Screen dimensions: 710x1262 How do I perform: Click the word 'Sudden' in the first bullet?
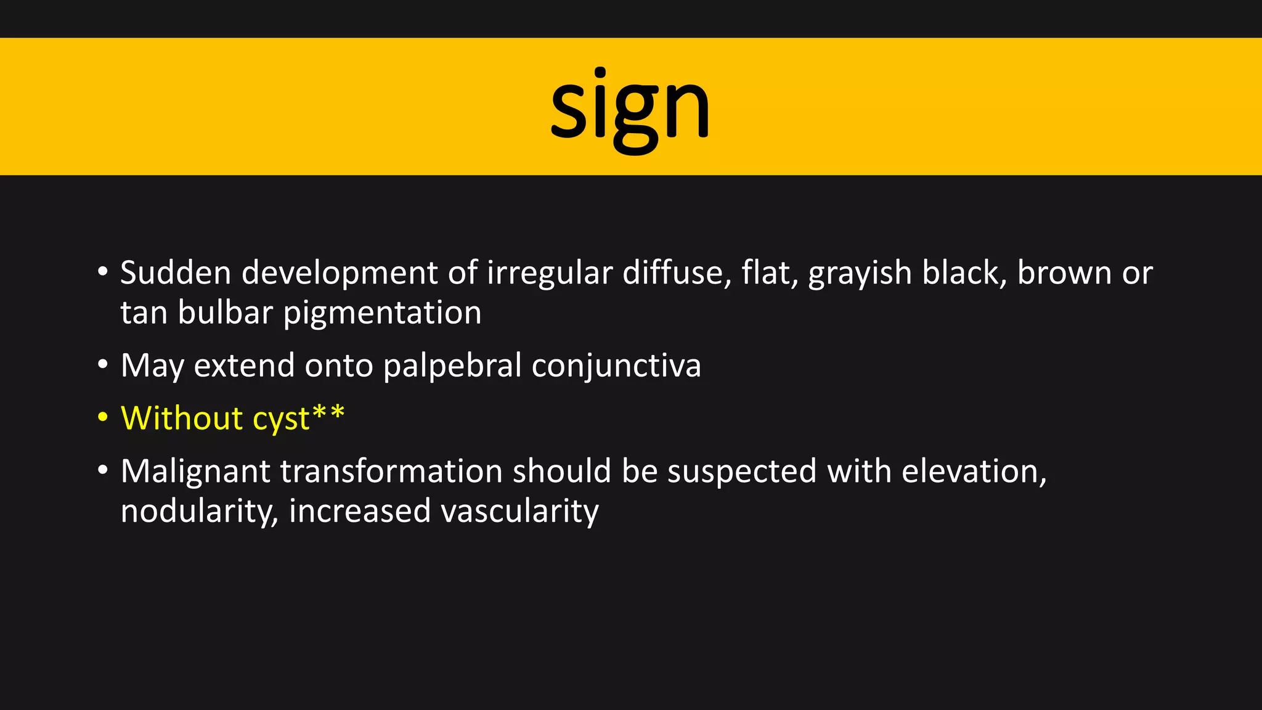(176, 272)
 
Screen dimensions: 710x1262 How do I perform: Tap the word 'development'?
(340, 272)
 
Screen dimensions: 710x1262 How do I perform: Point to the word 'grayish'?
(860, 272)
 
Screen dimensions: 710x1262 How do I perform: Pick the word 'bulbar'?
(225, 312)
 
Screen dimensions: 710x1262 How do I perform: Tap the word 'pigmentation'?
(382, 312)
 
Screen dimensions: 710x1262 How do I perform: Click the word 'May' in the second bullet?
(152, 365)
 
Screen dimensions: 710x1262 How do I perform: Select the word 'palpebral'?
(452, 365)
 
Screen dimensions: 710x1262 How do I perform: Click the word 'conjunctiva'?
(616, 365)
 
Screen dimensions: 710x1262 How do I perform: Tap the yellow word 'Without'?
(182, 418)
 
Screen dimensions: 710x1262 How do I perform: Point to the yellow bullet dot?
(103, 417)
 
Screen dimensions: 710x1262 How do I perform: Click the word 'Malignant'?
(195, 471)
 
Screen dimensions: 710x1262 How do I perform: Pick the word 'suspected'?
(742, 471)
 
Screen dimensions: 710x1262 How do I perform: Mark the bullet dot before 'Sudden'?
(103, 272)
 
